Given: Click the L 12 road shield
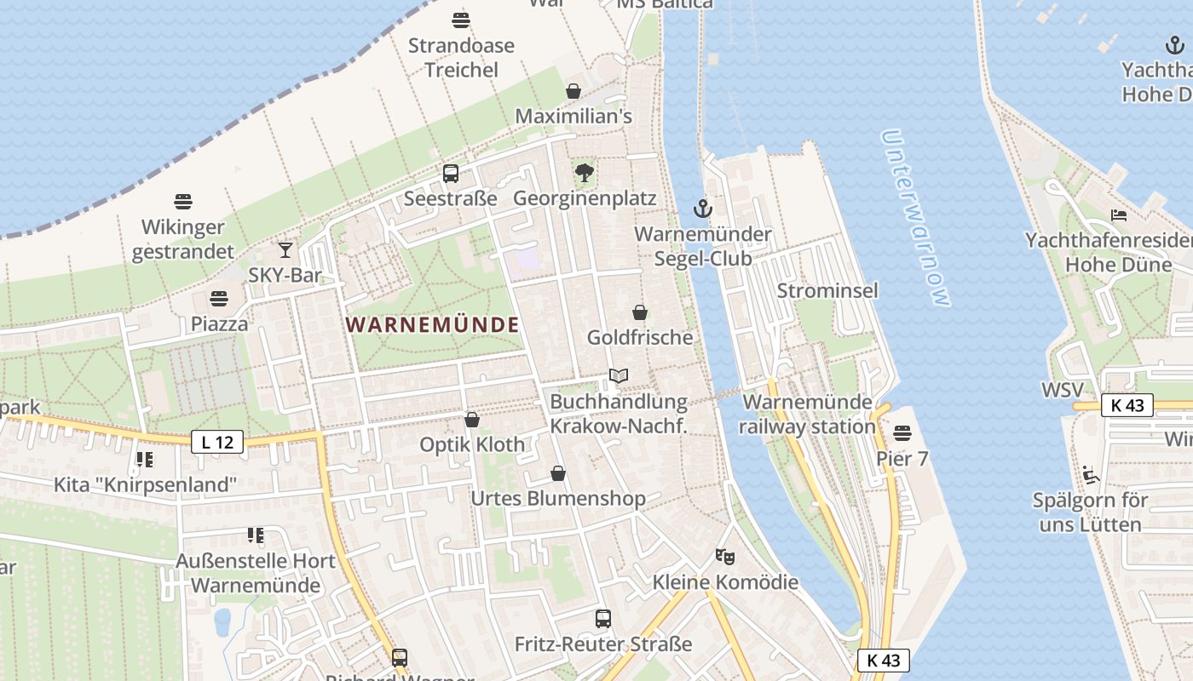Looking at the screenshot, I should tap(217, 442).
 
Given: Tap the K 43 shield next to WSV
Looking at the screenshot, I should tap(1127, 405).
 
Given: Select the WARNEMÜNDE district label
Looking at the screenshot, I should tap(433, 324).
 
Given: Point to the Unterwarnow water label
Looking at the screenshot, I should tap(916, 218).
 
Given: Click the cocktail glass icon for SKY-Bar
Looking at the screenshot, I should tap(285, 249).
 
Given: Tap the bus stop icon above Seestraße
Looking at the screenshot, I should tap(451, 174).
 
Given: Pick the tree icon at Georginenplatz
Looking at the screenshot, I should tap(585, 174).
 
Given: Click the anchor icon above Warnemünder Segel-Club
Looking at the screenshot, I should tap(703, 209).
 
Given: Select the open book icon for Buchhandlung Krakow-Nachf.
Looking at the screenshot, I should tap(619, 375).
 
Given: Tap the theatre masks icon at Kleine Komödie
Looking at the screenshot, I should tap(725, 557).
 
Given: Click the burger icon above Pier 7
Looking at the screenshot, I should tap(902, 434).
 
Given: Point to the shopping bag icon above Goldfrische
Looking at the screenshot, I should tap(640, 312).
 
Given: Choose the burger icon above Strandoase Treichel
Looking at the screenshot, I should tap(461, 20).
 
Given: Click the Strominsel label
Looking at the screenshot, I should tap(827, 291).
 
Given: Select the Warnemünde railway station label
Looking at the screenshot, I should tap(808, 414).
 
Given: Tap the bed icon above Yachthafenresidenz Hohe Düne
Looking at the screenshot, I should tap(1119, 215).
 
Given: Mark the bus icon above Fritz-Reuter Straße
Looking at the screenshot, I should tap(603, 619).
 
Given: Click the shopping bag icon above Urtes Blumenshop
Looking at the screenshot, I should tap(558, 473).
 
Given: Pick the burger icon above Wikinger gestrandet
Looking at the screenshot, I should tap(183, 202).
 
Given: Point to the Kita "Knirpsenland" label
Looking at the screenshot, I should tap(145, 485).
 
